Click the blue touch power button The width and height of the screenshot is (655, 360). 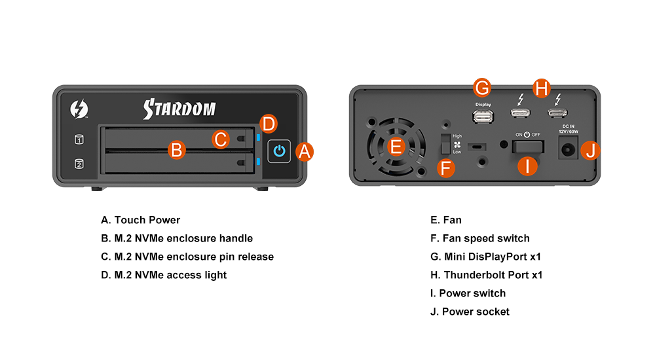279,151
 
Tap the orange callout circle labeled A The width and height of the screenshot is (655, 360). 305,152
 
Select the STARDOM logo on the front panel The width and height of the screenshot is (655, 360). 179,109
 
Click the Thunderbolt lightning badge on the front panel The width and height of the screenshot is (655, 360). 79,109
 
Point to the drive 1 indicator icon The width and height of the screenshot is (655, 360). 79,139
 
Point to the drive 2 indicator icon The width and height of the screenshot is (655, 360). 79,164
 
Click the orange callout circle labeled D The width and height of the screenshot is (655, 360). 268,124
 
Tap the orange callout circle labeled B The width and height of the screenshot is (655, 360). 177,150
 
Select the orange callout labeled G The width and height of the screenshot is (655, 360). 482,88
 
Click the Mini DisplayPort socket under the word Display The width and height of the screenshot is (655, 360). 483,117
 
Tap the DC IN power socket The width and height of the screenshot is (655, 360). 568,149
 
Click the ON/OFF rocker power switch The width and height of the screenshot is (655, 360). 528,147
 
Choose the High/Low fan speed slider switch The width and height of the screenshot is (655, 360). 445,144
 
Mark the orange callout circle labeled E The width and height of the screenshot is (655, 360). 396,147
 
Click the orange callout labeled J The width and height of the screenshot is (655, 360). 590,151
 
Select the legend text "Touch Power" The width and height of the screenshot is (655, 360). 147,220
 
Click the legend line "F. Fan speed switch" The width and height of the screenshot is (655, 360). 480,238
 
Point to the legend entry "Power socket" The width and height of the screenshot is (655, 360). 476,312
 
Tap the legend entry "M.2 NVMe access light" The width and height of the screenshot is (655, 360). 170,275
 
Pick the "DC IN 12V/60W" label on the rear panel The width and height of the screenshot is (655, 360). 568,129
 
